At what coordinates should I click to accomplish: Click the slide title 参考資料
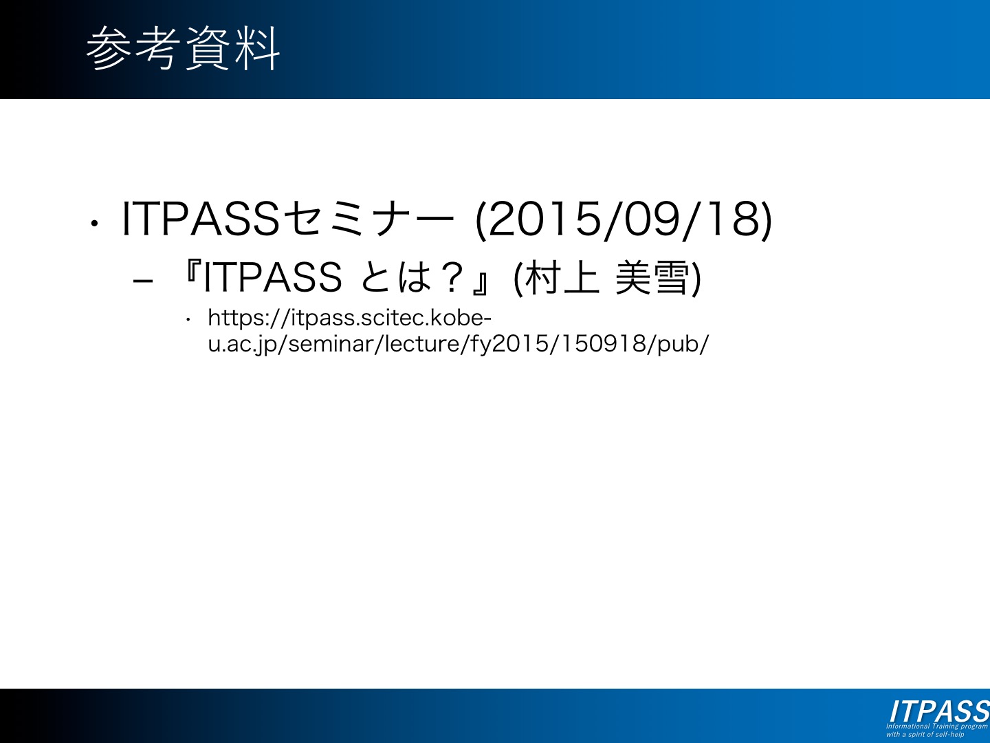click(x=183, y=48)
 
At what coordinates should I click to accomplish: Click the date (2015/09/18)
click(x=624, y=219)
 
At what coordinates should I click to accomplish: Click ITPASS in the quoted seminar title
click(x=272, y=277)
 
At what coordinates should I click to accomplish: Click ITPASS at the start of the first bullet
click(x=201, y=219)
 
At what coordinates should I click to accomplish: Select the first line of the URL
click(x=349, y=319)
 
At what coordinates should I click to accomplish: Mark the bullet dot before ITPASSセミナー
click(x=93, y=223)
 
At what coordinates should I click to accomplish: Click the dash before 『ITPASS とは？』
click(x=143, y=281)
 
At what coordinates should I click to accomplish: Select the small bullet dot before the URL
click(x=188, y=321)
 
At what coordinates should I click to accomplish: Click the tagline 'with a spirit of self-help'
click(x=925, y=734)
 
